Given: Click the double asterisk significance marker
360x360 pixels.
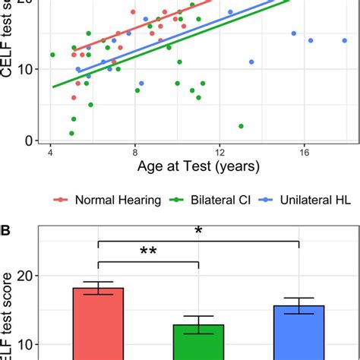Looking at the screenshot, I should (147, 253).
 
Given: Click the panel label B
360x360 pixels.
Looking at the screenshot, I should (7, 226).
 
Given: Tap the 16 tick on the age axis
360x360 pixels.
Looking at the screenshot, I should (304, 151).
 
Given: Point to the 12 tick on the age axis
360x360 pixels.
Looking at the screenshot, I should (219, 151).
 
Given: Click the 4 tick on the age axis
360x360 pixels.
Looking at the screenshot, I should (51, 151).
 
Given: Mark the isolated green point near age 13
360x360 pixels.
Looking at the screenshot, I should (241, 126).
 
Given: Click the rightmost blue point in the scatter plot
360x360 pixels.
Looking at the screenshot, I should (345, 40).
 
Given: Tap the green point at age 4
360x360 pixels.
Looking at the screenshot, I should (52, 55).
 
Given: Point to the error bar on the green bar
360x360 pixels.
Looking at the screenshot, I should (198, 324).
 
